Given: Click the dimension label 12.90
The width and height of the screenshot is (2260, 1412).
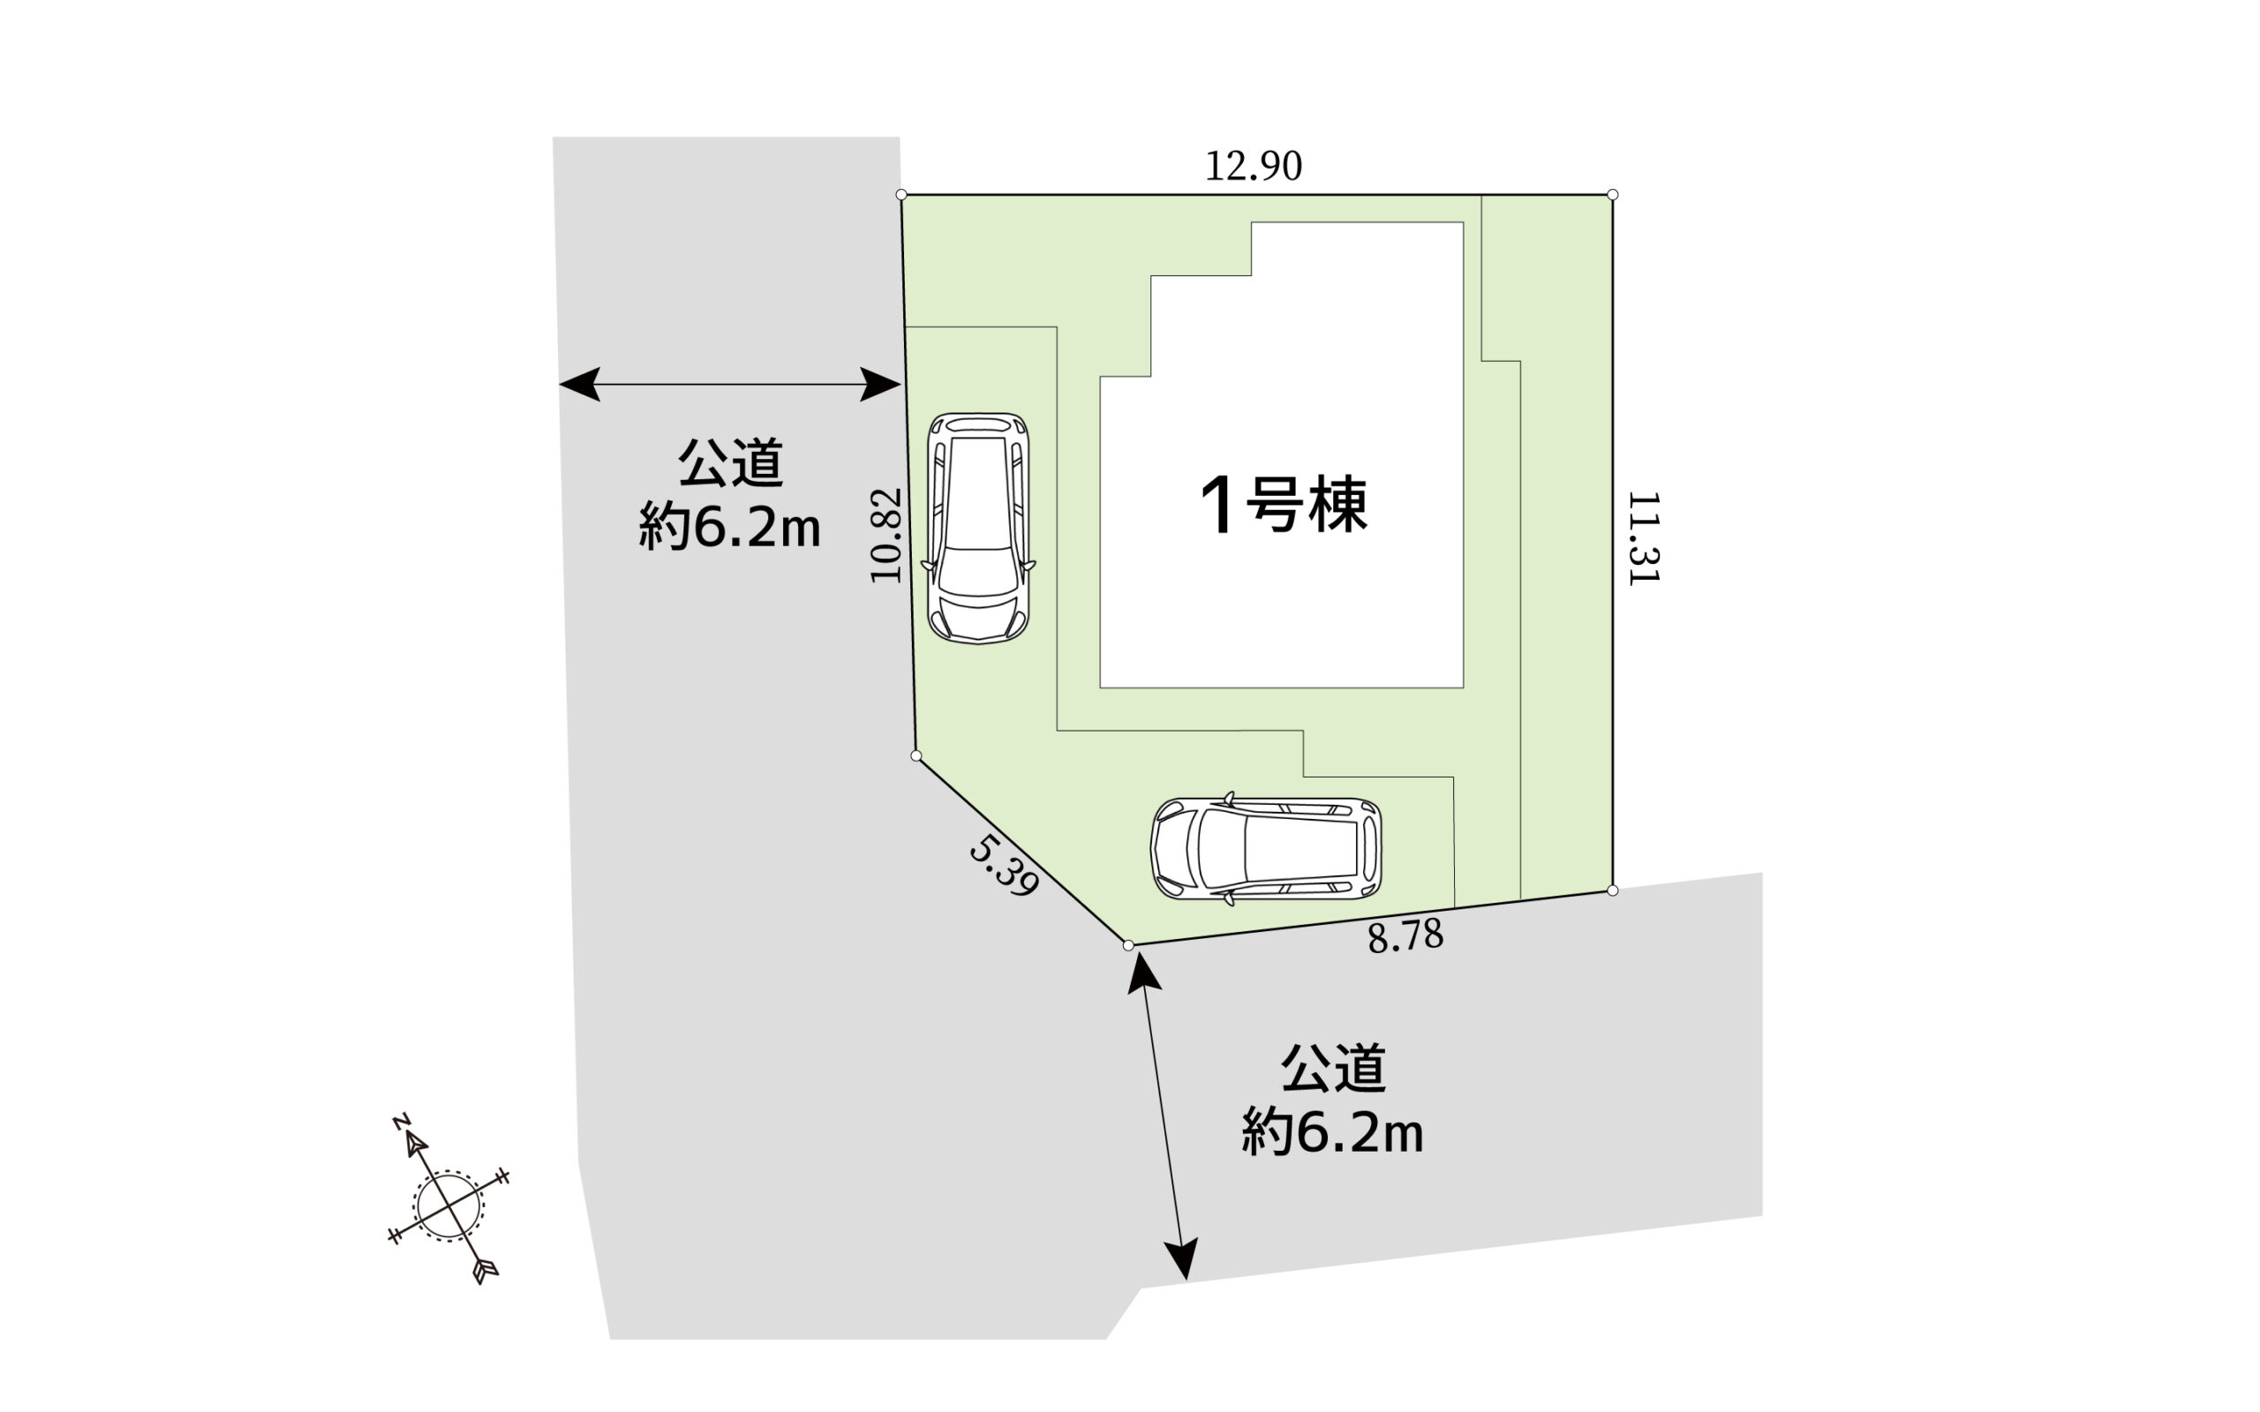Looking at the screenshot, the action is click(1254, 166).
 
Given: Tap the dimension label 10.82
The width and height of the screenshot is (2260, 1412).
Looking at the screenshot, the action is click(886, 536).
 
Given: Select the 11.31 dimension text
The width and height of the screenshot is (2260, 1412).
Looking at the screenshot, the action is click(1643, 539).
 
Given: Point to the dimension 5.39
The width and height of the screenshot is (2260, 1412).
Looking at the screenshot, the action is click(1004, 866).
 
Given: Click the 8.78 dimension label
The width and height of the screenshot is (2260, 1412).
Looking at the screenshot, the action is click(1405, 935).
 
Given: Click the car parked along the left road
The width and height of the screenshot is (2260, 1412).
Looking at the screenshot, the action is click(978, 529).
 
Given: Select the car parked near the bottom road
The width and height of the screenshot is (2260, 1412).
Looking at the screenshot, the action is click(1266, 849).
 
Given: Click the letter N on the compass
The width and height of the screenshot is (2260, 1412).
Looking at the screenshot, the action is click(402, 1122).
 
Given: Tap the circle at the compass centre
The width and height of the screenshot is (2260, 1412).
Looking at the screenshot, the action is click(449, 1205).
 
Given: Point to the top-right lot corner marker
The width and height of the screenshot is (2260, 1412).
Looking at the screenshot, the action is click(1613, 195).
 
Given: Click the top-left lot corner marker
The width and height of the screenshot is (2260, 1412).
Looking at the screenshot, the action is click(901, 195).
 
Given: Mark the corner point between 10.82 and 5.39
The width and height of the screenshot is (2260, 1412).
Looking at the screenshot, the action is click(916, 755).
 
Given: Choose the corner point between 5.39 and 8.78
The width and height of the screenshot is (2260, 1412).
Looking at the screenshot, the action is click(1128, 946).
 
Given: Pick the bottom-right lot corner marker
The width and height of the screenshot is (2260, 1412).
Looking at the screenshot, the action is click(1613, 891).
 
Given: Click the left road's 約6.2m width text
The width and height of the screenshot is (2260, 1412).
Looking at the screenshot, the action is click(729, 527).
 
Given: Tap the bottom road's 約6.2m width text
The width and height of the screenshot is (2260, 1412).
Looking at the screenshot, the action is click(1333, 1133).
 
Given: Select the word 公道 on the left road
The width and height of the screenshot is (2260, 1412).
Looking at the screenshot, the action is click(730, 462).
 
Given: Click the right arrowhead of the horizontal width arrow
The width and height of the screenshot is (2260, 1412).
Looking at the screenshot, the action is click(881, 385).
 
